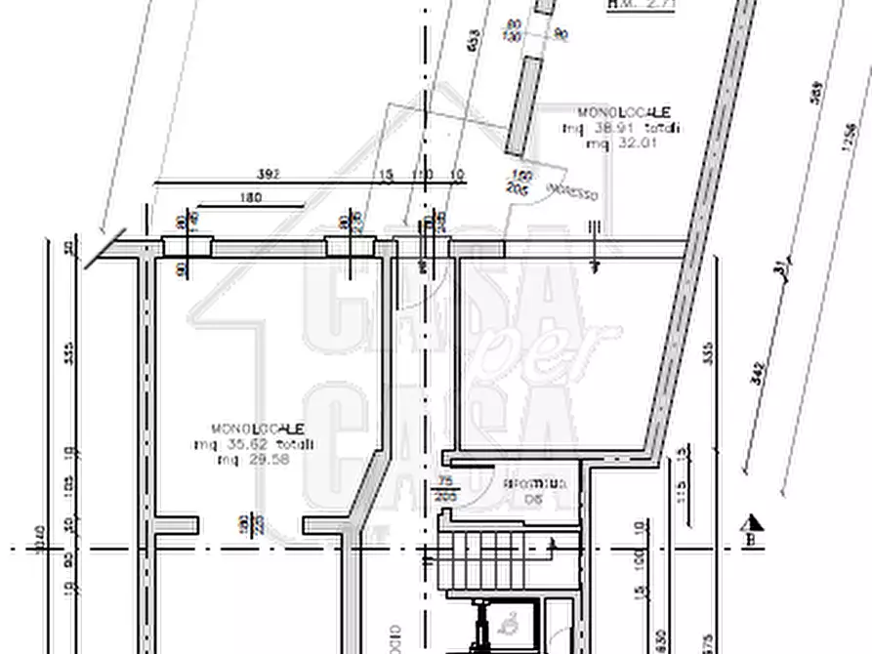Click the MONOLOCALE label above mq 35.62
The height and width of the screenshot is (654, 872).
(x=258, y=429)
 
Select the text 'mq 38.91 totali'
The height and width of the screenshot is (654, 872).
(x=621, y=128)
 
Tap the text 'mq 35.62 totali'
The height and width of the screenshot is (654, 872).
(x=254, y=445)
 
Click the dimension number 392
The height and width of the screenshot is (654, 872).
(x=269, y=175)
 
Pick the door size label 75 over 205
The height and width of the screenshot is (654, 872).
(x=445, y=488)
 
